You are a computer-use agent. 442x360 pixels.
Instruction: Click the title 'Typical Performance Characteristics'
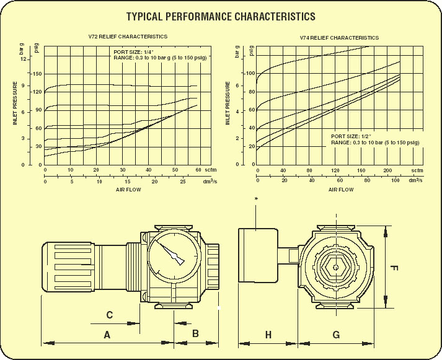click(221, 17)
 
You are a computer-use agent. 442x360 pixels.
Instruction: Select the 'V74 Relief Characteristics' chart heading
click(339, 37)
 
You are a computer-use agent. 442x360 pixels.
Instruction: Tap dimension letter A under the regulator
click(107, 335)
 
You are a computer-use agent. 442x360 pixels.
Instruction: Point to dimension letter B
click(195, 333)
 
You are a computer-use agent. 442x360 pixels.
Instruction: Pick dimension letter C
click(109, 315)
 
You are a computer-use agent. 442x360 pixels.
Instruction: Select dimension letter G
click(336, 335)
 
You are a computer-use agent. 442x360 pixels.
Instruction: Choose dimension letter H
click(268, 335)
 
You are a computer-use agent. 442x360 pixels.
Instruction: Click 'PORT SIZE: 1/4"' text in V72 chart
click(132, 51)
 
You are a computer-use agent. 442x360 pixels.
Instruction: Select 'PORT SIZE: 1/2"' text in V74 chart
click(351, 136)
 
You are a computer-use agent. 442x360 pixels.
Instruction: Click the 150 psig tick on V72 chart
click(37, 74)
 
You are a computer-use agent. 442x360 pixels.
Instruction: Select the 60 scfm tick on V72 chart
click(198, 170)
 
